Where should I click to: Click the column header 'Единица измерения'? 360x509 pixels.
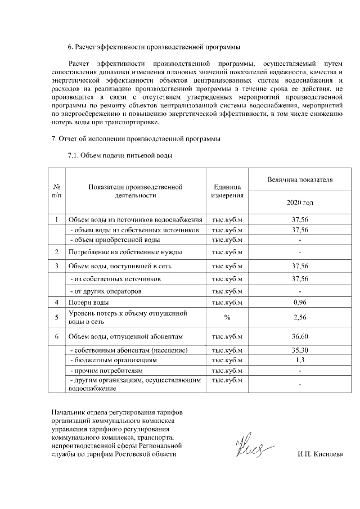pos(227,191)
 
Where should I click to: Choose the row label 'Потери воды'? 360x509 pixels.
pos(85,303)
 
